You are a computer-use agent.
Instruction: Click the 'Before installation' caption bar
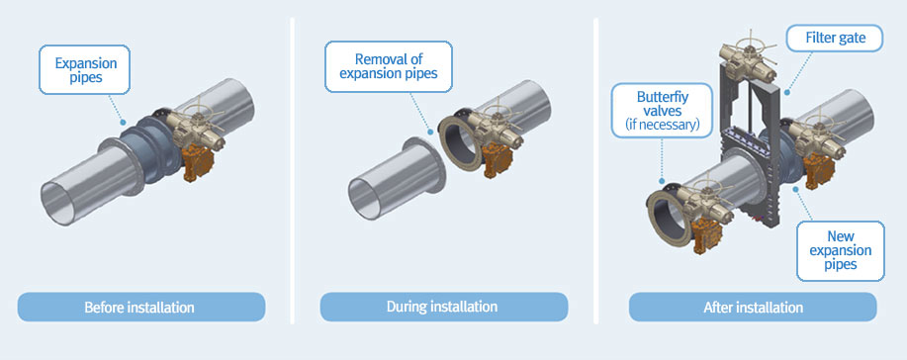(x=141, y=307)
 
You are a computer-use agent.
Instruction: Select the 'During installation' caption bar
(x=444, y=307)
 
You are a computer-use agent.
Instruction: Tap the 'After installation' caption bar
(x=753, y=307)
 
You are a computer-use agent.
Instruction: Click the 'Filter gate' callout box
(x=835, y=39)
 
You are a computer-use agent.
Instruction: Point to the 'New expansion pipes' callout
(x=841, y=250)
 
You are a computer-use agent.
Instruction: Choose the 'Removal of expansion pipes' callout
(x=388, y=66)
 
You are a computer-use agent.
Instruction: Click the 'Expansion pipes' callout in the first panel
(x=85, y=70)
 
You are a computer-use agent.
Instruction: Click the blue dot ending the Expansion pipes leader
(x=122, y=122)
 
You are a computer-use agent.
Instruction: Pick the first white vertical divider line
(x=292, y=171)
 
